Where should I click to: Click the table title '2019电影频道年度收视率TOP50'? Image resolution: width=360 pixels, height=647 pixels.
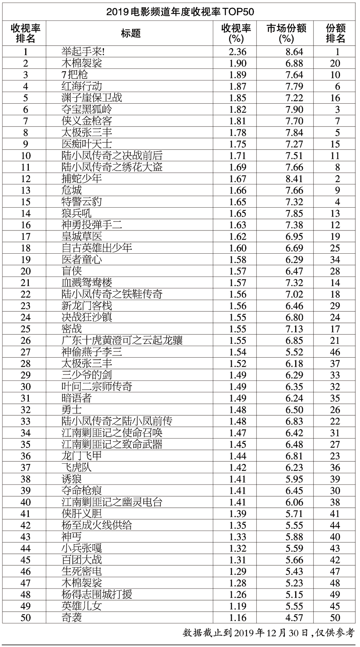click(180, 12)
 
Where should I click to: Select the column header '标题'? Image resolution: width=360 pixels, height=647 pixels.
click(131, 33)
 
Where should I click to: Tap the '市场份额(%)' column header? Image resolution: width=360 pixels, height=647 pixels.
click(286, 33)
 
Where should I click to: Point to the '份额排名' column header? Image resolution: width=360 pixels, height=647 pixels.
click(335, 33)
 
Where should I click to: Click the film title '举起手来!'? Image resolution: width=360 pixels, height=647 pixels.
click(83, 52)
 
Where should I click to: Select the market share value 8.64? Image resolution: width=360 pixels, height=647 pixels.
click(294, 52)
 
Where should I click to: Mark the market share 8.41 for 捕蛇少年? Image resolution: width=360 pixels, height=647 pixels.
click(294, 179)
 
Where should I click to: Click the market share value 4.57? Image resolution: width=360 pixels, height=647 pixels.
click(294, 618)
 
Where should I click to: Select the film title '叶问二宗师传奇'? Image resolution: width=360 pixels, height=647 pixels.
click(96, 387)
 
